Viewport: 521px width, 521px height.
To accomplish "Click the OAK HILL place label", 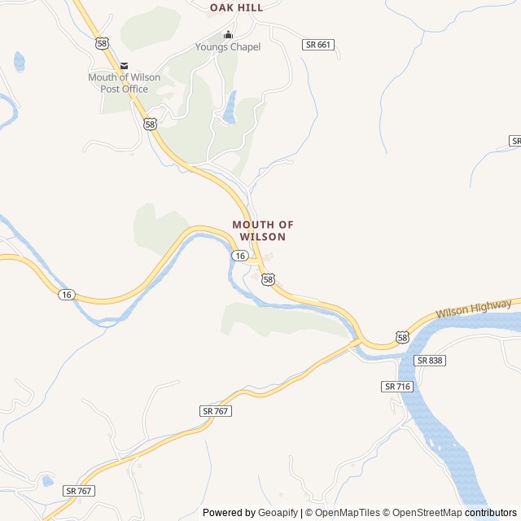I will [x=236, y=7].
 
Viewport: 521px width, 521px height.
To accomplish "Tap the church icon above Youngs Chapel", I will [x=228, y=34].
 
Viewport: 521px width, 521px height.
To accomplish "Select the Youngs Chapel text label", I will [x=228, y=47].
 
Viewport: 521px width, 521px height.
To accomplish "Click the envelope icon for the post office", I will [x=124, y=66].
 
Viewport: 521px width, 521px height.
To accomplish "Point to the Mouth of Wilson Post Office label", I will [x=124, y=83].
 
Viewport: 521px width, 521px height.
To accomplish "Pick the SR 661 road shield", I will [x=317, y=45].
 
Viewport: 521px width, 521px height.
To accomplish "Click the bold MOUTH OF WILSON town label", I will [x=262, y=230].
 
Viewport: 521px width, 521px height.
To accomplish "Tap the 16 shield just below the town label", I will [x=239, y=256].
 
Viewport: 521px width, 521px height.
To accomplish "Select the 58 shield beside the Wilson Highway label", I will [x=402, y=336].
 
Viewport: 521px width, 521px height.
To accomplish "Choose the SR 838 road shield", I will [x=430, y=360].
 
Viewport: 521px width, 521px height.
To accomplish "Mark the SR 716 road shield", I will [x=397, y=386].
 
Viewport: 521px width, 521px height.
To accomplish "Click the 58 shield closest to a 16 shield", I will [x=269, y=279].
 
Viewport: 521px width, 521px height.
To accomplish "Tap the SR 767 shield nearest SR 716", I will [x=216, y=411].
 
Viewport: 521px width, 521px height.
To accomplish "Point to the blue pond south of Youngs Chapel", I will [x=230, y=108].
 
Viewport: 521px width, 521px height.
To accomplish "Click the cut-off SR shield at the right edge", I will [x=515, y=141].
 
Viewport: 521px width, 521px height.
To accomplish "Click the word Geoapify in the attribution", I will [x=278, y=513].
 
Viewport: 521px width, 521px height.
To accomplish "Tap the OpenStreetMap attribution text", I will [x=427, y=513].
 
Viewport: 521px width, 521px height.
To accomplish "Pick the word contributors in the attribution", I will [x=491, y=513].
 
